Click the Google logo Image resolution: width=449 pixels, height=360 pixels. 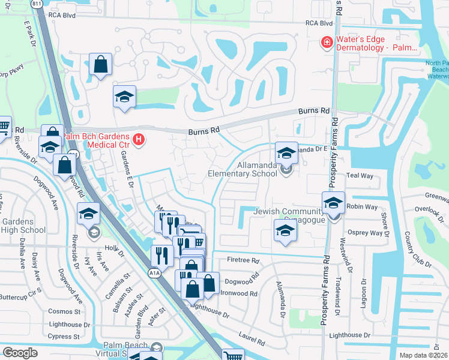(x=19, y=353)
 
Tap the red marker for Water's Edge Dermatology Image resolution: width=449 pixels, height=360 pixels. (x=326, y=42)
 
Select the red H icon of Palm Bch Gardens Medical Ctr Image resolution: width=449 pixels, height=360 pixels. (x=139, y=140)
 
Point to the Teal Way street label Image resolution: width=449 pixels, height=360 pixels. (x=360, y=176)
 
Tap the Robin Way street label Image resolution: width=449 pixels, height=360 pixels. (x=365, y=206)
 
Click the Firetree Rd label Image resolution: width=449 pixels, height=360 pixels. (x=243, y=261)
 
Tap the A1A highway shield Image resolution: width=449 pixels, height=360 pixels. (x=154, y=272)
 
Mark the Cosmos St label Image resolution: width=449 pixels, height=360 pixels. (x=65, y=311)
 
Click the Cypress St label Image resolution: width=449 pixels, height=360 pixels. (x=65, y=336)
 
